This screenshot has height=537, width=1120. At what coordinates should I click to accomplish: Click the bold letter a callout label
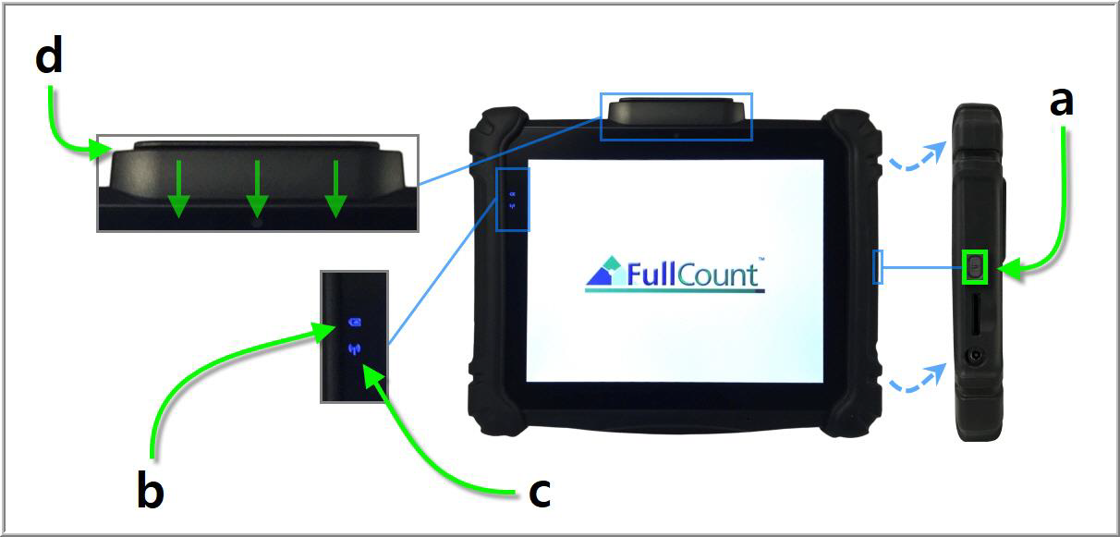coord(1062,101)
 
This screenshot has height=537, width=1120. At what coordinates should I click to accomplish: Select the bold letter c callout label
coord(540,491)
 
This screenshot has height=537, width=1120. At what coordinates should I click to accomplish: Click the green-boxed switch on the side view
coord(974,267)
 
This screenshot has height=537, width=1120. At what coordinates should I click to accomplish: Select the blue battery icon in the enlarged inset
coord(353,323)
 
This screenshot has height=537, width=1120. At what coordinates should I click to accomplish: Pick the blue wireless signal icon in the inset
coord(353,349)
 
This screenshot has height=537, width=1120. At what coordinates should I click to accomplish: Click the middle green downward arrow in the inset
coord(257,189)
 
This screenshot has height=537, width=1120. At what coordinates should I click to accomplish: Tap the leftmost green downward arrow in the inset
coord(178,189)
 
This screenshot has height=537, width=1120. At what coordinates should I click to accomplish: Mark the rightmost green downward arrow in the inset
coord(335,189)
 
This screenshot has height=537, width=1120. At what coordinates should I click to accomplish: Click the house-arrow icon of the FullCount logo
coord(604,271)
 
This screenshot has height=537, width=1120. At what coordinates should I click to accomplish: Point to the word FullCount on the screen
coord(692,275)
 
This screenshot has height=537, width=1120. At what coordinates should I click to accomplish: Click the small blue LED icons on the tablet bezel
coord(512,201)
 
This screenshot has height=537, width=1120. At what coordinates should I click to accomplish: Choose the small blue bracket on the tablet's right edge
coord(878,268)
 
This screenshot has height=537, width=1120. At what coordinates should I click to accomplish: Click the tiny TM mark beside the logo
coord(761,260)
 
